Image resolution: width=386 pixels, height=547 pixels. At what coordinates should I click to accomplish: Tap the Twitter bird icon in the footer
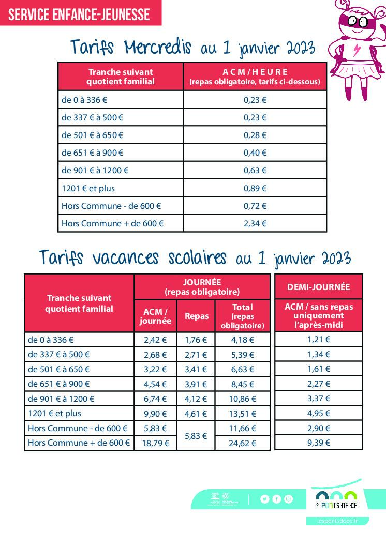[x=265, y=499]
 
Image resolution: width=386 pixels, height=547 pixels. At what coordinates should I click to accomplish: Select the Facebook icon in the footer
[x=277, y=499]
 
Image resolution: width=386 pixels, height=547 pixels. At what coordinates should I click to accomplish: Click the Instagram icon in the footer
[x=289, y=499]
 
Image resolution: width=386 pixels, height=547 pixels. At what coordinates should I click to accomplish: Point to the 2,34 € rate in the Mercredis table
[x=255, y=223]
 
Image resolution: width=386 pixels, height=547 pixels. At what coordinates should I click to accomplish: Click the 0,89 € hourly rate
[x=255, y=188]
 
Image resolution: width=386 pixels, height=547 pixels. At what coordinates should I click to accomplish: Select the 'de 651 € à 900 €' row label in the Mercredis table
[x=93, y=153]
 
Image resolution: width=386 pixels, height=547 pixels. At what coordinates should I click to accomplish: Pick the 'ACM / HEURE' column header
[x=255, y=72]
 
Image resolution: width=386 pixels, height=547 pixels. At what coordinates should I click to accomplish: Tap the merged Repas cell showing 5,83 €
[x=196, y=436]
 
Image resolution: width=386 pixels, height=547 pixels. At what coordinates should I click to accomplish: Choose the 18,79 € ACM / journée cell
[x=155, y=443]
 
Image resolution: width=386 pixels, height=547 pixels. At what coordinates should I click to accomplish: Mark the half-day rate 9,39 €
[x=319, y=443]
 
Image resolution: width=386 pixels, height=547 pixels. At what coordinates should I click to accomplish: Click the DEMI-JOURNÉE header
[x=319, y=287]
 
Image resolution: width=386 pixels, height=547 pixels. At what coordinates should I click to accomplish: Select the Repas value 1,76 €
[x=196, y=340]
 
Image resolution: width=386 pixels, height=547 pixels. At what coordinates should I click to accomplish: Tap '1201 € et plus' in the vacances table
[x=55, y=414]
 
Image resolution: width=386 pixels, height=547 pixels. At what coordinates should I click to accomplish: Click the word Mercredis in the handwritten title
[x=158, y=48]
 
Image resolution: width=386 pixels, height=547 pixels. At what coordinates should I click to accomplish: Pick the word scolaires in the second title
[x=197, y=257]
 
